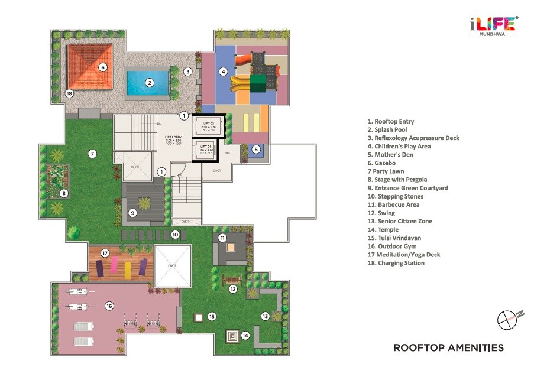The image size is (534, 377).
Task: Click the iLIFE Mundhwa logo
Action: (x=493, y=27)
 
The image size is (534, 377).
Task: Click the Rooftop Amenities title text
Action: (x=448, y=348)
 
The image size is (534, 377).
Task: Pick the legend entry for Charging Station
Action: (x=395, y=263)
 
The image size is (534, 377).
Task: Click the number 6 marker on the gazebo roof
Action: (x=103, y=67)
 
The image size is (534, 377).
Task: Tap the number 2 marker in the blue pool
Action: (x=150, y=83)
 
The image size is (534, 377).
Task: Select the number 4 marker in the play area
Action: (x=223, y=72)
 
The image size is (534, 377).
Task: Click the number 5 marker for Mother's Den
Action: (x=256, y=149)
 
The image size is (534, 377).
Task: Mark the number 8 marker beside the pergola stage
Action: (x=64, y=193)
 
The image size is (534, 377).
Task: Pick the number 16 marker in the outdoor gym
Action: (x=109, y=305)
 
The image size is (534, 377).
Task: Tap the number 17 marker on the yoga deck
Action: (x=105, y=253)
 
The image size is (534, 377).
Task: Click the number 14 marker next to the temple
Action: (x=245, y=335)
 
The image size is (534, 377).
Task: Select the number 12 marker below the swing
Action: (x=233, y=289)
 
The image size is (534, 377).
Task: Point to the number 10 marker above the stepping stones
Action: (x=175, y=235)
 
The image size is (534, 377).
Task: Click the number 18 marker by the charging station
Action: (x=69, y=93)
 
